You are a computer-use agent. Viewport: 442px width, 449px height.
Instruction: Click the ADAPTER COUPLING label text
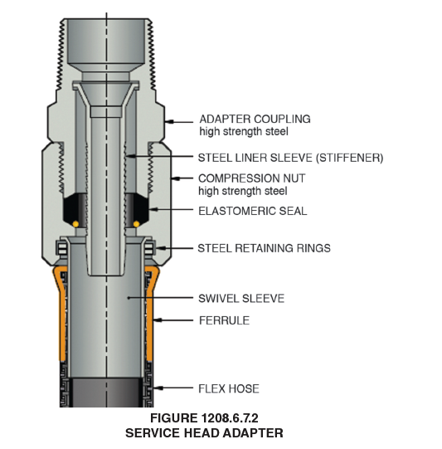[255, 119]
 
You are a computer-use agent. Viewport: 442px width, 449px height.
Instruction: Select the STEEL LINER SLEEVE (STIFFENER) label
[290, 158]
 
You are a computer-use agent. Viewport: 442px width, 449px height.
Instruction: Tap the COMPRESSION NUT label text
[252, 178]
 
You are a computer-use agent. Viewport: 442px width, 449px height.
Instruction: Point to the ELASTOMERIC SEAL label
[253, 211]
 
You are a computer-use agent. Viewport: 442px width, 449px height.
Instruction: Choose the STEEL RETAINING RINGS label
[264, 248]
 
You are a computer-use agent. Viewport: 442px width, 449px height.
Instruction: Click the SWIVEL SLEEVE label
[241, 299]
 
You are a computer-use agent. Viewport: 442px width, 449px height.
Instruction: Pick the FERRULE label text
[224, 320]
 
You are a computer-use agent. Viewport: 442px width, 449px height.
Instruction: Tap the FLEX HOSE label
[229, 388]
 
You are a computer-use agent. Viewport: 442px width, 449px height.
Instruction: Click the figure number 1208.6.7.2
[230, 418]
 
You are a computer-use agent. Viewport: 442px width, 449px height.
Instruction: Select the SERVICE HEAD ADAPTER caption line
[204, 433]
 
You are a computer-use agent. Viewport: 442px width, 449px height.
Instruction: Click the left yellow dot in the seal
[75, 224]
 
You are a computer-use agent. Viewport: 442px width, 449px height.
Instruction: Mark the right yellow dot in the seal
[137, 224]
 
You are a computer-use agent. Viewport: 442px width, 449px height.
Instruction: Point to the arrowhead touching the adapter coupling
[169, 122]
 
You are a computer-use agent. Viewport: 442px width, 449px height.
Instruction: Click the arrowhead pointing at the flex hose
[158, 388]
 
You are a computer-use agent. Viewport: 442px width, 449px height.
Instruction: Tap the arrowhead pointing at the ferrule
[158, 320]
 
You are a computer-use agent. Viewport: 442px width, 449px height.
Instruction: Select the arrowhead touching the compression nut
[176, 178]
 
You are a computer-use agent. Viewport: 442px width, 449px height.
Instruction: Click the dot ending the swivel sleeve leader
[129, 298]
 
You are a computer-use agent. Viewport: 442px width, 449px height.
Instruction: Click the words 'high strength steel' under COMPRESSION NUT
[243, 191]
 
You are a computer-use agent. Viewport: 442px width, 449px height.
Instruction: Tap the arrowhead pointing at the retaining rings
[161, 248]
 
